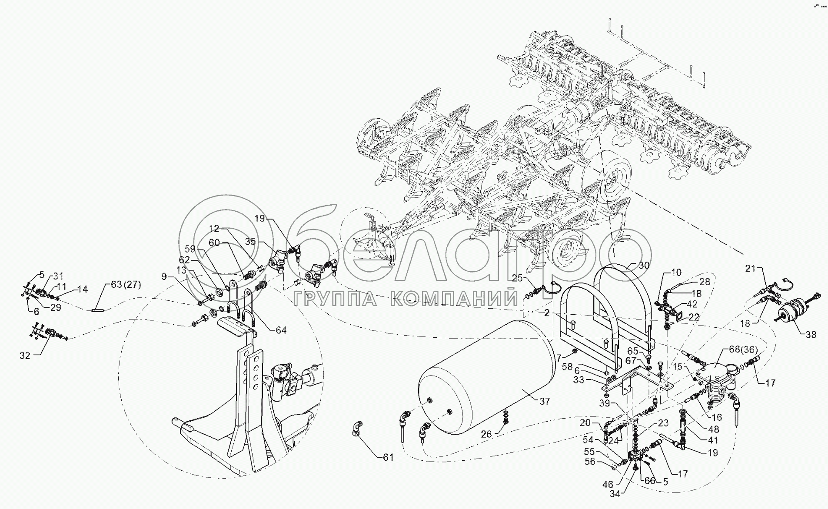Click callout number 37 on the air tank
pos(545,402)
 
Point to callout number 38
pos(811,334)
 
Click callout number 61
pos(388,457)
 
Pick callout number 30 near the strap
pos(644,265)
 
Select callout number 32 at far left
pos(25,355)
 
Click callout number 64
pos(281,330)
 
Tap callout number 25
pos(516,277)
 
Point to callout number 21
pos(751,269)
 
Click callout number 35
pos(251,242)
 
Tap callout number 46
pos(608,483)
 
